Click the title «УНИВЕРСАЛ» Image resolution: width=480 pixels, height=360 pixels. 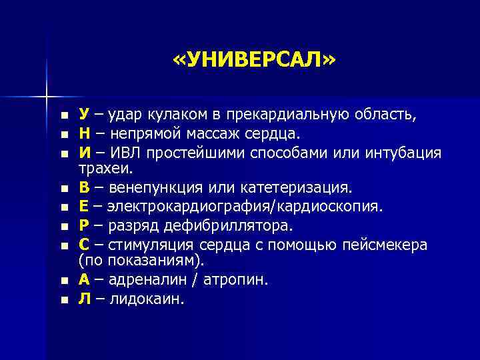(x=255, y=61)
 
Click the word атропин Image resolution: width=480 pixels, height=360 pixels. (x=233, y=280)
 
